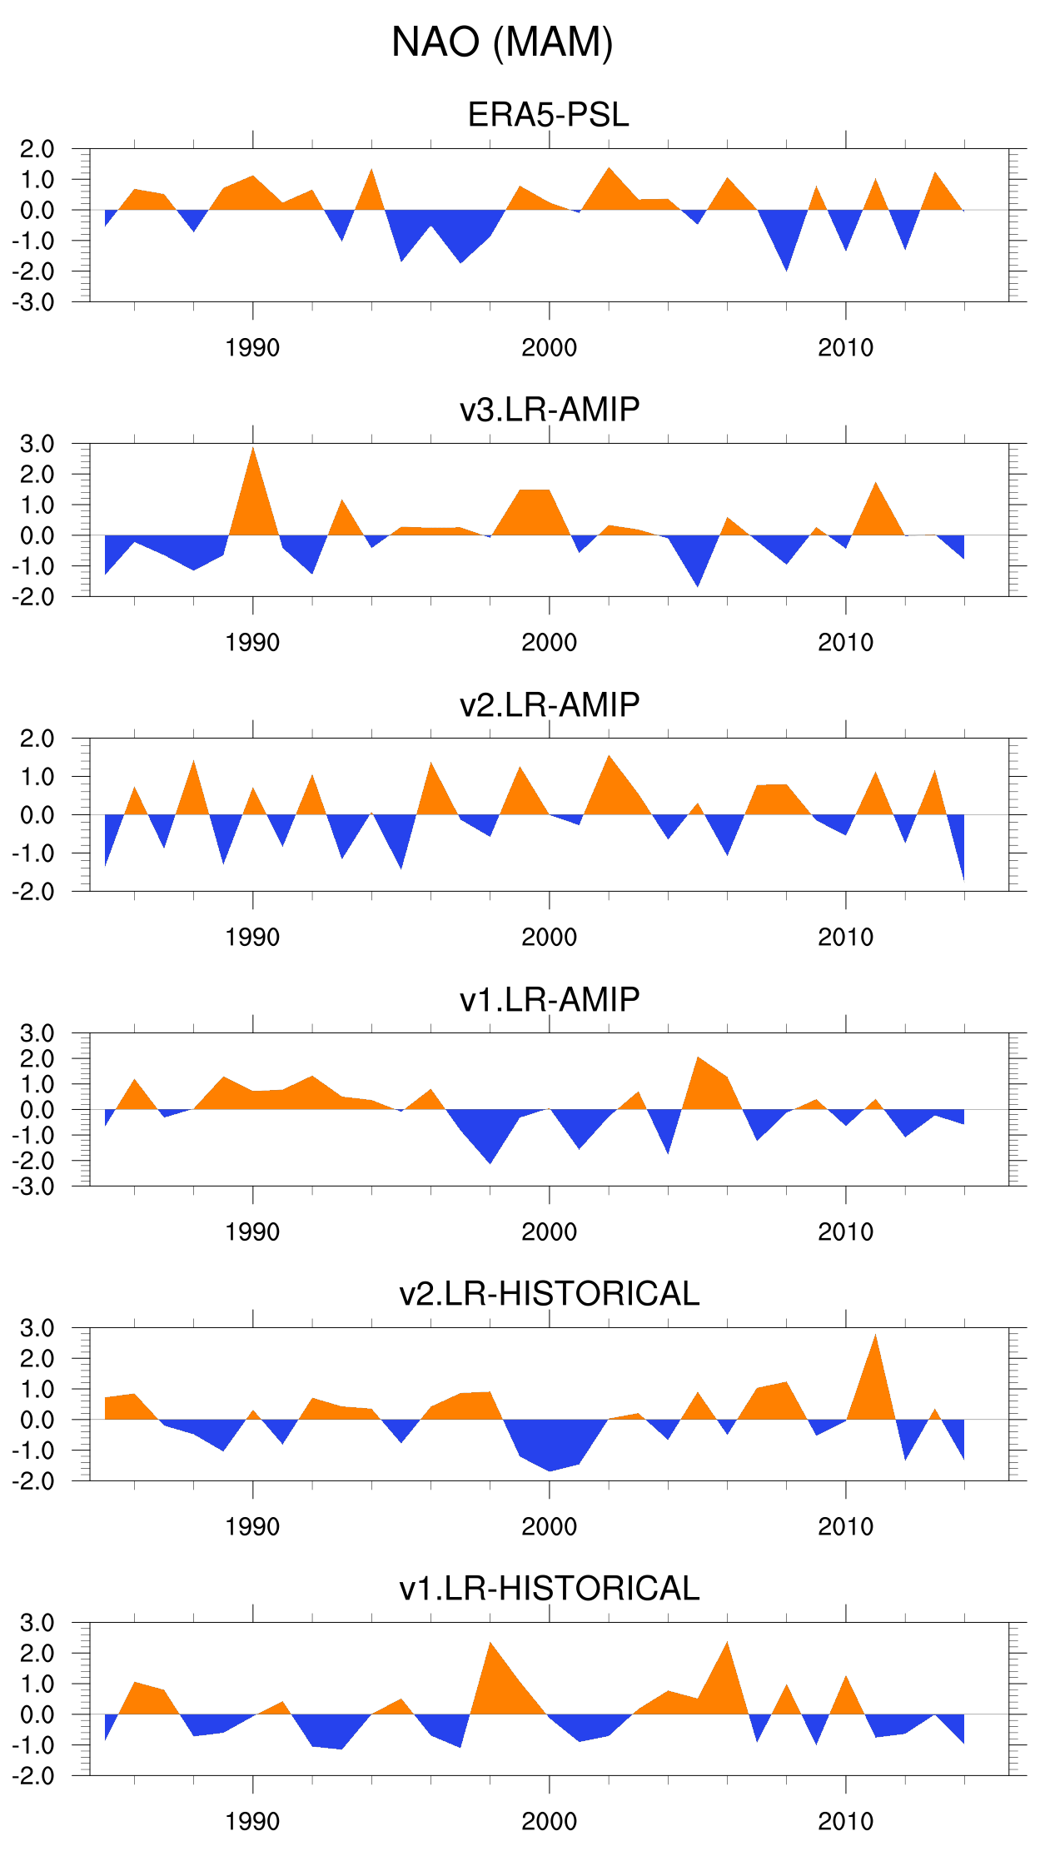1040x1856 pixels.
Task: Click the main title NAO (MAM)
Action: pos(502,42)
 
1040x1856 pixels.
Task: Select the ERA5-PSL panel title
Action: pos(548,115)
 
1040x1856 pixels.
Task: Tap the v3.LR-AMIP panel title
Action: pos(550,410)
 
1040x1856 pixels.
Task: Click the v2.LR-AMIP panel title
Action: pos(550,704)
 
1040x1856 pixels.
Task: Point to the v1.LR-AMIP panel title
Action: pos(550,999)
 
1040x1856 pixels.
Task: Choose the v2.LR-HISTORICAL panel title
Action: pos(550,1294)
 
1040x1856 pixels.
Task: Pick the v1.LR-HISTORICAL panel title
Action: pos(550,1589)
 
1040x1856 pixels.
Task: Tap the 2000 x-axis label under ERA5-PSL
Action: pos(549,348)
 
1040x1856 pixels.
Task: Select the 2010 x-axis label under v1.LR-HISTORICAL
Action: pos(845,1822)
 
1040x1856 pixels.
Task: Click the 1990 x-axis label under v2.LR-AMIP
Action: pos(252,938)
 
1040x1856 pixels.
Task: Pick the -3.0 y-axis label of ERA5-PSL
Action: pos(34,302)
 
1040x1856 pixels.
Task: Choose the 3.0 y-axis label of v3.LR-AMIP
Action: pos(37,444)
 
